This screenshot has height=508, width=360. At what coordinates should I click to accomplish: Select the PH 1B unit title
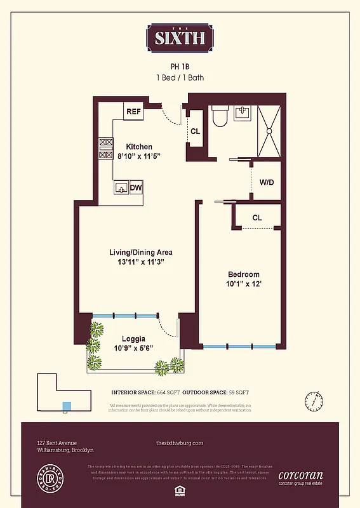pos(180,65)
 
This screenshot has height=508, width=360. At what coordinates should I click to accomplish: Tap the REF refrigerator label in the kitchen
pos(133,112)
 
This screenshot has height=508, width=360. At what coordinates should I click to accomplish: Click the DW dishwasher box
pos(136,187)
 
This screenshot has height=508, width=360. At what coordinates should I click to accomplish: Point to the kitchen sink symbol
pos(121,187)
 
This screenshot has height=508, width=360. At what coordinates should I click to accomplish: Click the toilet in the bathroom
pos(220,116)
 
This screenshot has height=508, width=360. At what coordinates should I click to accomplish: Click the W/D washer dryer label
pos(267,182)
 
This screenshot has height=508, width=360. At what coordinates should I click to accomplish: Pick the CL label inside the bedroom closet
pos(257,218)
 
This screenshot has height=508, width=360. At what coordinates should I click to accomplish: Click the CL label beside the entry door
pos(196,131)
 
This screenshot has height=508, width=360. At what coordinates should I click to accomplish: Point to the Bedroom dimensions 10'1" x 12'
pos(244,284)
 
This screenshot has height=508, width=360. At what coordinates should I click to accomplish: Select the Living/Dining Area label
pos(140,252)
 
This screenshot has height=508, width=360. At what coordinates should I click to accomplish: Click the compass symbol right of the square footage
pos(312,401)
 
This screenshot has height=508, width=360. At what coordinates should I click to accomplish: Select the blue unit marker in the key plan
pos(67,406)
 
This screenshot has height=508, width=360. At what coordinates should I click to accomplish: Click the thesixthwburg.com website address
pos(180,443)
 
